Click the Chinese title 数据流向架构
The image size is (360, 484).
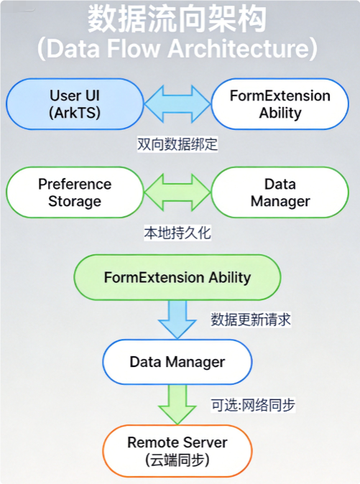click(x=177, y=19)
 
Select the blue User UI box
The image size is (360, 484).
click(x=75, y=103)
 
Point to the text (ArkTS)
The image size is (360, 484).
click(x=75, y=113)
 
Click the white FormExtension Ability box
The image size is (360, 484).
click(x=280, y=103)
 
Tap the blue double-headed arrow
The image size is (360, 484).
click(x=177, y=103)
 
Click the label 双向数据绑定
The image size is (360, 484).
click(x=177, y=144)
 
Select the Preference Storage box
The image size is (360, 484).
click(x=75, y=192)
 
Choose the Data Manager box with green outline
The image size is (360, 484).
click(x=280, y=192)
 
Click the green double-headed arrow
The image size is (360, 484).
click(x=177, y=192)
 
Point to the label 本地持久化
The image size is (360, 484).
click(x=177, y=233)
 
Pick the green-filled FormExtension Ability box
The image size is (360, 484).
click(x=177, y=277)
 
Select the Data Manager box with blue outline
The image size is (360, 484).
click(x=177, y=362)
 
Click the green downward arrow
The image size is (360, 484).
click(x=177, y=404)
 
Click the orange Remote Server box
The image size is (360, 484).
click(x=177, y=450)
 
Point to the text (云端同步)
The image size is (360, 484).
click(x=177, y=460)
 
